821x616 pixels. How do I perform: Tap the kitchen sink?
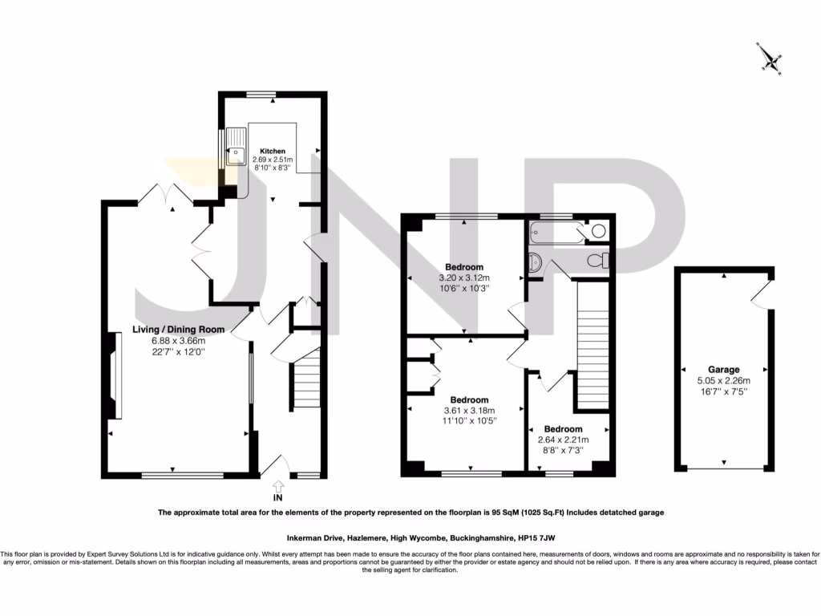[x=237, y=148]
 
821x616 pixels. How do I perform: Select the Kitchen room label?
[x=272, y=151]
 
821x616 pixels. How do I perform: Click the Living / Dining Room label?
[x=179, y=329]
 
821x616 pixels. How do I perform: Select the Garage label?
[x=723, y=371]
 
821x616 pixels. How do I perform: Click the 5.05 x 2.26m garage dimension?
[x=723, y=381]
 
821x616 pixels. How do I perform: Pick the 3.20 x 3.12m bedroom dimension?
[x=464, y=278]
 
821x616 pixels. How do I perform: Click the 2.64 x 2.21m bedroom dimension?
[x=563, y=440]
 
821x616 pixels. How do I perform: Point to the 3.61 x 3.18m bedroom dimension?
[x=469, y=411]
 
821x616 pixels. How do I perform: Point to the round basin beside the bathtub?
[x=597, y=232]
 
